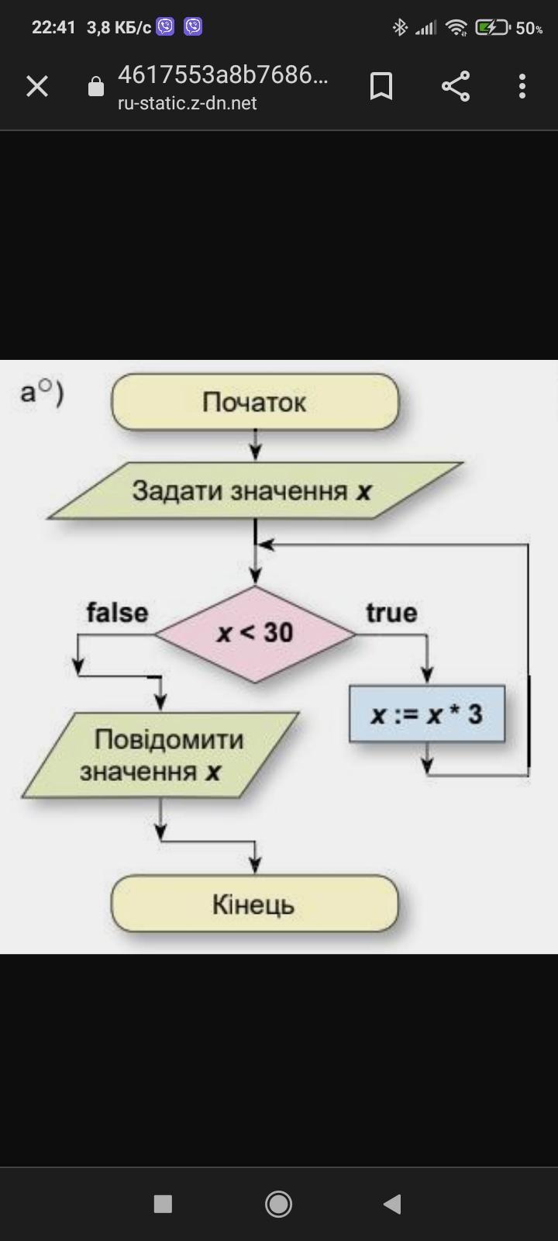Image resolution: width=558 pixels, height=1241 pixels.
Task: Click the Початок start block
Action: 255,402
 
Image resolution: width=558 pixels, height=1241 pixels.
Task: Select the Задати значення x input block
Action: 254,491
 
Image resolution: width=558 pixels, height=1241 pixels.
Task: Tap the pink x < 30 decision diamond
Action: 255,633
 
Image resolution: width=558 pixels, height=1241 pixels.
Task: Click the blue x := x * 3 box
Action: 427,714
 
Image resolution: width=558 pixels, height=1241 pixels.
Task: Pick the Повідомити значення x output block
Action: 160,755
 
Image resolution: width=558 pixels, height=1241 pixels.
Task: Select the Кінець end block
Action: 254,904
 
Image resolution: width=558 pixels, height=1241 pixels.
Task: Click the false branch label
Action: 117,613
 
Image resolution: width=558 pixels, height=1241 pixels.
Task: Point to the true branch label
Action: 391,613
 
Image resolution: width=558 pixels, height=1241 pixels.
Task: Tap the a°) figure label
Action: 42,392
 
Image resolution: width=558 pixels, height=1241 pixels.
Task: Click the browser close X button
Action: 37,86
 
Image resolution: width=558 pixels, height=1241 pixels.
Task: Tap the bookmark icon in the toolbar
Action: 381,86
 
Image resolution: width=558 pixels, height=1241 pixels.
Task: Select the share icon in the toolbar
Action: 456,86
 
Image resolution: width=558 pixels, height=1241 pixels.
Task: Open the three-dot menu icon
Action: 522,86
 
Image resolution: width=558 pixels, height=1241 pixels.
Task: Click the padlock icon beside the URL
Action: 96,86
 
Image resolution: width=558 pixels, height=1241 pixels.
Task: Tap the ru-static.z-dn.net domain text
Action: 187,103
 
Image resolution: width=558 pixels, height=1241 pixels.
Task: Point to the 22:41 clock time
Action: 53,28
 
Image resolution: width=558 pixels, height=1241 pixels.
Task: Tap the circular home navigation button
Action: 279,1204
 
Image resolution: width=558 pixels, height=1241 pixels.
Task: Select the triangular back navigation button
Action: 392,1204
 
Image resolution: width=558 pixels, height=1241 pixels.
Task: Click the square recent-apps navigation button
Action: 163,1204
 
